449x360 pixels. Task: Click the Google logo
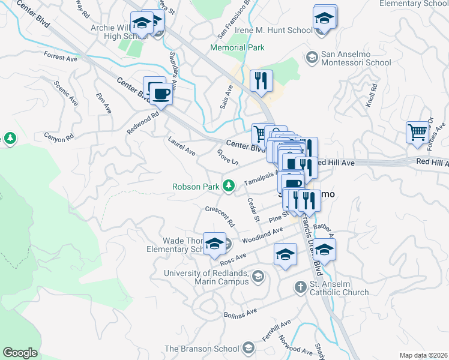click(20, 353)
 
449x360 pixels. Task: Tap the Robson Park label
click(196, 187)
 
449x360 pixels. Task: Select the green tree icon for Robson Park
click(228, 186)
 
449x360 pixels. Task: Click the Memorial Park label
click(229, 47)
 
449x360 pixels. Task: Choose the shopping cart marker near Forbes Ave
click(417, 132)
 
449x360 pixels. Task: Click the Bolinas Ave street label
click(240, 311)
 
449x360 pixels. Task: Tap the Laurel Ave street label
click(182, 146)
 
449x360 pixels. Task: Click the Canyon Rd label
click(58, 136)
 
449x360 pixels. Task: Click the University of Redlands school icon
click(258, 277)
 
